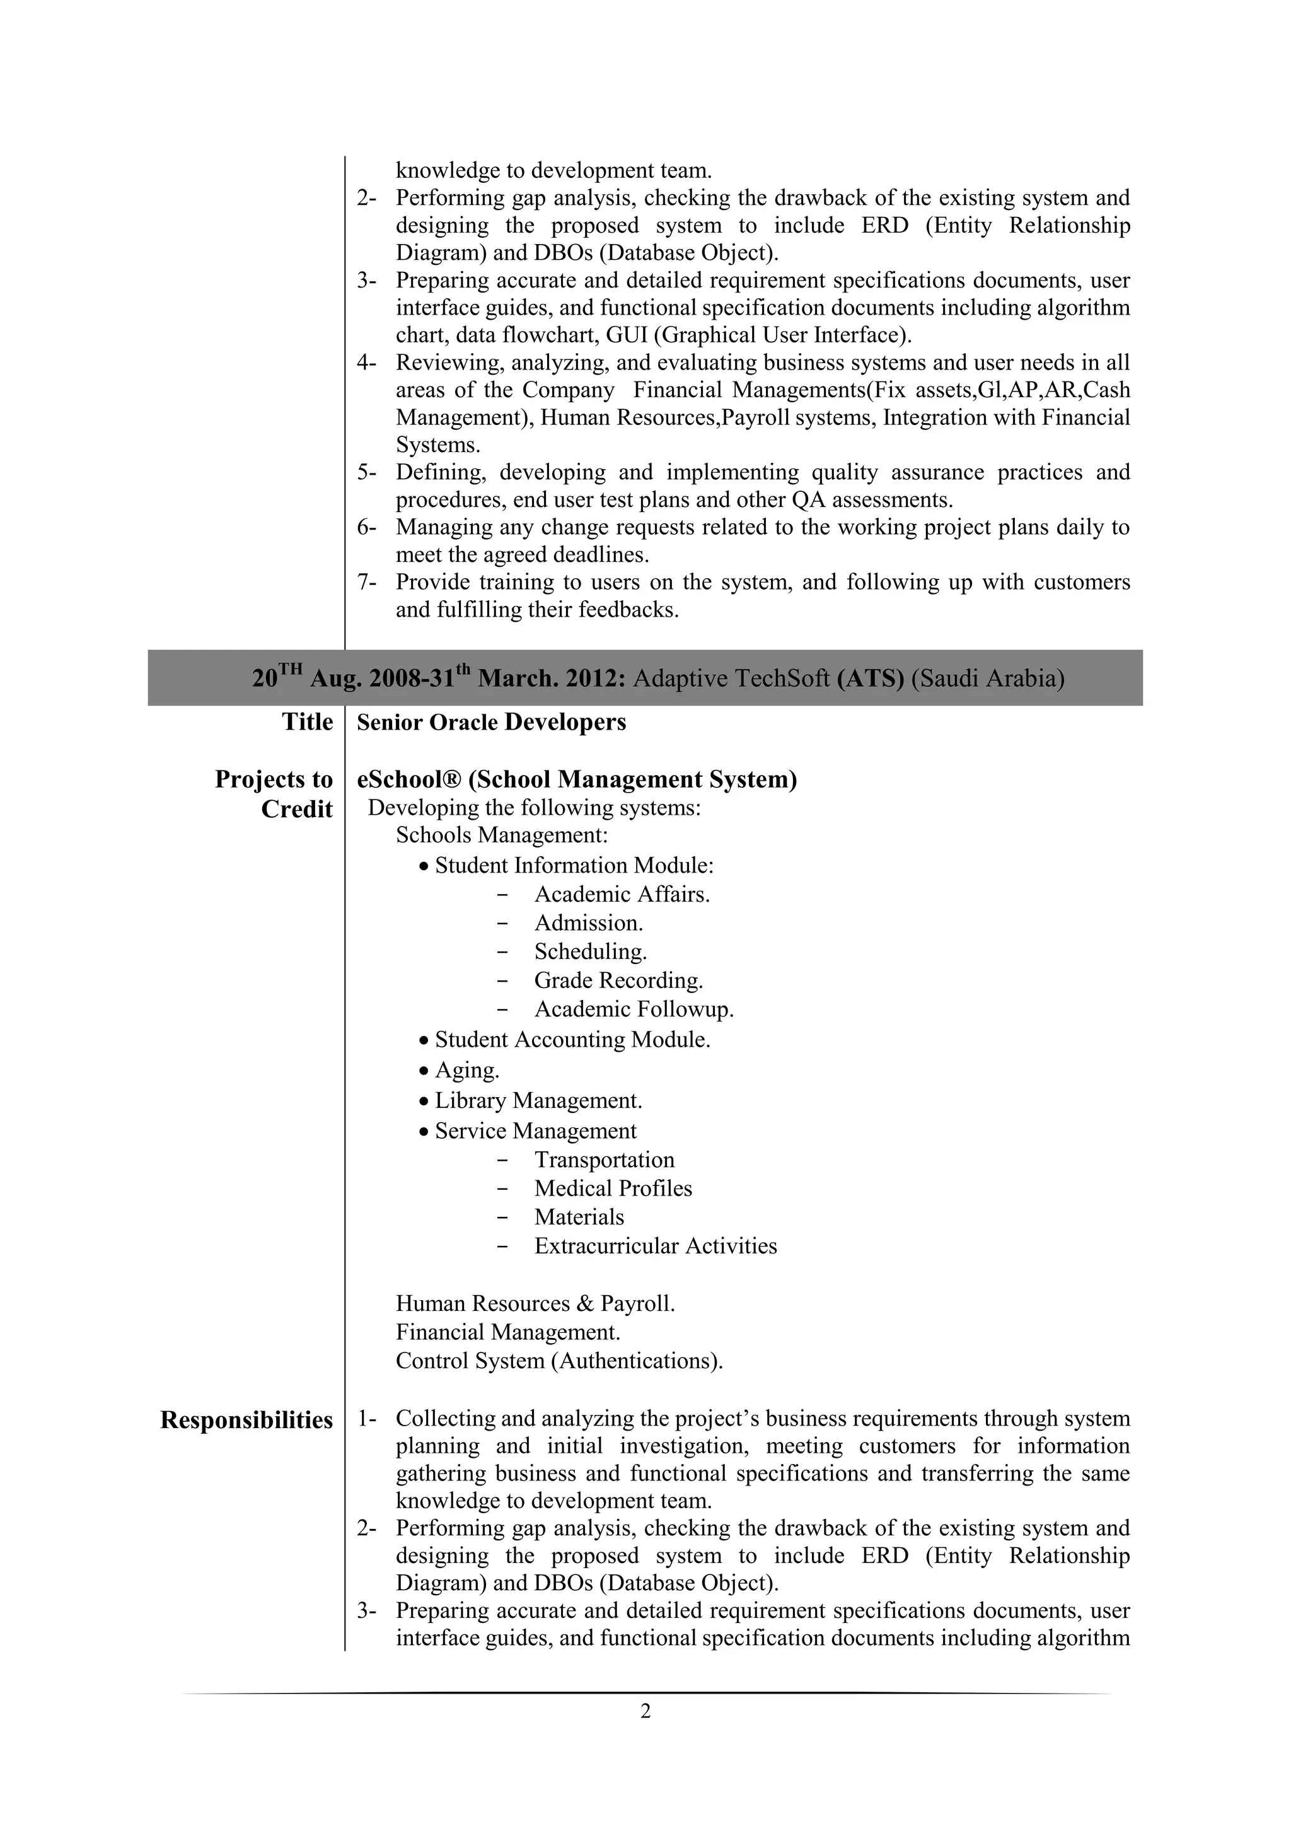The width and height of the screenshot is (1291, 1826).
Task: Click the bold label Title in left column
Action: click(307, 722)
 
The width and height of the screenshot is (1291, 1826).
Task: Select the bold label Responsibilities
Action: click(246, 1421)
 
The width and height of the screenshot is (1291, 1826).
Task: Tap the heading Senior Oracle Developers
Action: click(491, 722)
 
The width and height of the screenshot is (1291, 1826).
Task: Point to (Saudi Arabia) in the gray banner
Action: click(987, 678)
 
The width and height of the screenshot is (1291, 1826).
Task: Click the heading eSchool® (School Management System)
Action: click(576, 779)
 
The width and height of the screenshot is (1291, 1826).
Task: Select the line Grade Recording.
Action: click(618, 980)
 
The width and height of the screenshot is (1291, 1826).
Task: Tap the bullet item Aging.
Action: click(466, 1071)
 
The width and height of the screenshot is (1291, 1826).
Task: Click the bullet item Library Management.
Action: click(538, 1101)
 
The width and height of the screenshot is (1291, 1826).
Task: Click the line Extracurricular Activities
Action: click(655, 1245)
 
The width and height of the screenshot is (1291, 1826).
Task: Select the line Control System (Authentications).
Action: click(559, 1361)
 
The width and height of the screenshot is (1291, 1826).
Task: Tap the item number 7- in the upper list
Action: click(366, 582)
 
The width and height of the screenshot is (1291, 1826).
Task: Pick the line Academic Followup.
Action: click(634, 1009)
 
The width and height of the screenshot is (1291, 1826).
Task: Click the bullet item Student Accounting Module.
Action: click(572, 1040)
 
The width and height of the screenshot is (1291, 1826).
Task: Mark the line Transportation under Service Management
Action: click(604, 1160)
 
